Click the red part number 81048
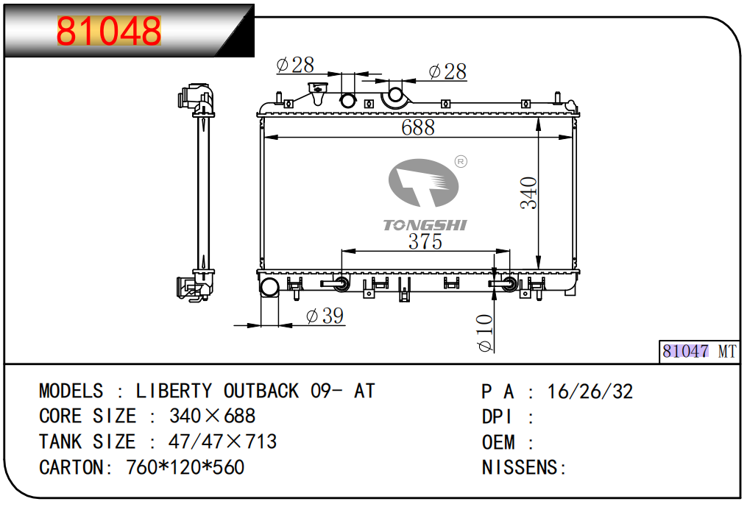109,31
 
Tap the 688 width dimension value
418,127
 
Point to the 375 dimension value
425,241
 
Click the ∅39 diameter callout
325,316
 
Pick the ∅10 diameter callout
485,333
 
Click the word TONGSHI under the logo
425,225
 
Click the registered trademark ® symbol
461,161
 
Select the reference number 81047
685,352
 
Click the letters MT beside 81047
726,352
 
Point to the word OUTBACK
261,391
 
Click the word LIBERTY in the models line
174,391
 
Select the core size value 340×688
213,416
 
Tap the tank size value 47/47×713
223,442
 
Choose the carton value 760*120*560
185,467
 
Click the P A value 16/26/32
590,391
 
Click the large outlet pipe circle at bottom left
270,287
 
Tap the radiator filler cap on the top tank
319,93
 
